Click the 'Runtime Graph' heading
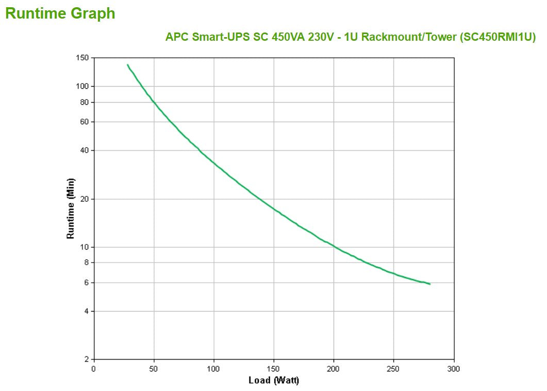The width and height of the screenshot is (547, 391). [60, 14]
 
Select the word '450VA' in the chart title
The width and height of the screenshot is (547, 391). [289, 37]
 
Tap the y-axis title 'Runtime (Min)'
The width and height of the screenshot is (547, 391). [71, 208]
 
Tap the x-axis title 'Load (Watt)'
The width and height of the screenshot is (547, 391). [274, 381]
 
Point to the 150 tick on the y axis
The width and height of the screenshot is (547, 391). [83, 57]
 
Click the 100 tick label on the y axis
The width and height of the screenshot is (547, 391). [83, 86]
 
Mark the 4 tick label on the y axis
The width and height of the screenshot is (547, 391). [87, 311]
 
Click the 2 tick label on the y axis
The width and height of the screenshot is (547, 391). [87, 359]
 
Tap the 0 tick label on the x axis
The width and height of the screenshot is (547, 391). [94, 369]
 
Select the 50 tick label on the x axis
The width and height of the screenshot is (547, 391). [154, 369]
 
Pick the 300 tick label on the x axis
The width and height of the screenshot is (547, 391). [454, 369]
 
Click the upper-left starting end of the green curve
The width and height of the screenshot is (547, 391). [127, 65]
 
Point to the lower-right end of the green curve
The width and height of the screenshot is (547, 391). [429, 284]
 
